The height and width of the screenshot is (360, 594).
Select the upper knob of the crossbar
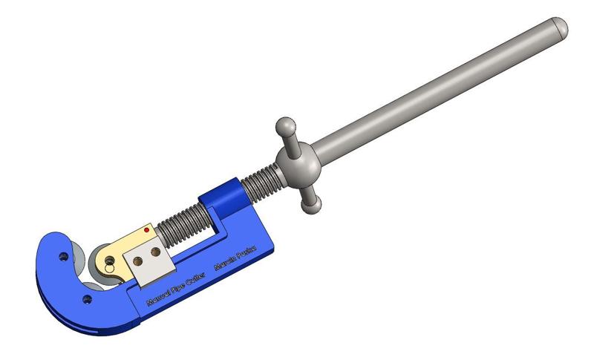(284, 125)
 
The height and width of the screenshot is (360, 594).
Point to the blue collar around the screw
(223, 196)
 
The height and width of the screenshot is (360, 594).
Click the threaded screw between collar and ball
(260, 178)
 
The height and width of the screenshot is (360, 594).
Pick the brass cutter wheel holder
(123, 249)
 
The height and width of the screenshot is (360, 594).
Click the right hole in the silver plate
(154, 252)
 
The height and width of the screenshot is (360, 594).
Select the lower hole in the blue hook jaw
(87, 299)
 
